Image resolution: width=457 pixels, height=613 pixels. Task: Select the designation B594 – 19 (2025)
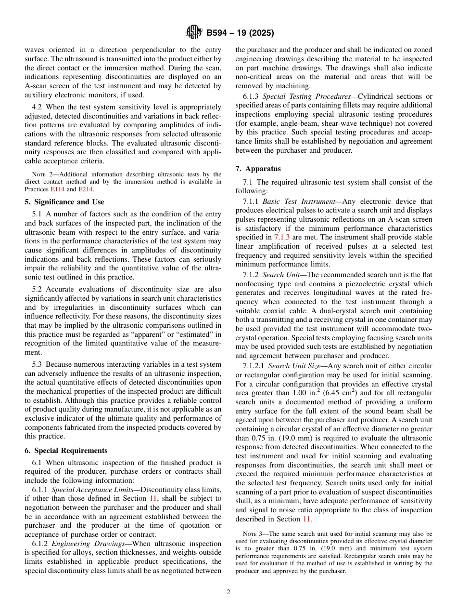tap(240, 33)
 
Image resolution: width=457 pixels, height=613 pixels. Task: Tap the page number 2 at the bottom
tap(228, 592)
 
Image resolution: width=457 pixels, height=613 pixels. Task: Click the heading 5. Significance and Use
tap(64, 202)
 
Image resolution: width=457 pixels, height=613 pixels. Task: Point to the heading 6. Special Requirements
tap(66, 451)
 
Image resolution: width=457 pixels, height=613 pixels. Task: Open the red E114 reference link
tap(57, 189)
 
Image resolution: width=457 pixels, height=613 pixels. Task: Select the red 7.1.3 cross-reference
tap(282, 237)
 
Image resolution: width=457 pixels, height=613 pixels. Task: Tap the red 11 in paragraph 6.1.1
tap(153, 498)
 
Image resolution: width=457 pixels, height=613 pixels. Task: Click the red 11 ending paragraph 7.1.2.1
tap(306, 519)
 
